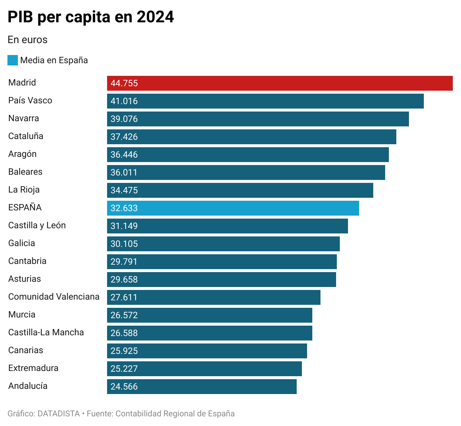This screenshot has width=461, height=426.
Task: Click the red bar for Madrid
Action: (280, 83)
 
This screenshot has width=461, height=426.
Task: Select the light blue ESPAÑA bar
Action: (233, 208)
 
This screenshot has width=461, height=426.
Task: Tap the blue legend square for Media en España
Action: (13, 60)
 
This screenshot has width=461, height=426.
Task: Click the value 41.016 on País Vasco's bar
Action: (124, 101)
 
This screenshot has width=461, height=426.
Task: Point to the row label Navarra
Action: (23, 118)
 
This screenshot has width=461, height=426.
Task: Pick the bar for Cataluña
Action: (251, 137)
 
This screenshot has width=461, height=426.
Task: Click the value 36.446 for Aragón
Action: (124, 155)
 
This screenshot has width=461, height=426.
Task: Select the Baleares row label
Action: (25, 172)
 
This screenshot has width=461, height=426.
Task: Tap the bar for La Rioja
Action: (240, 190)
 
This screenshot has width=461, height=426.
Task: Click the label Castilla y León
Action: (37, 225)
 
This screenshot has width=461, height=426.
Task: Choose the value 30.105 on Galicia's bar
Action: (124, 244)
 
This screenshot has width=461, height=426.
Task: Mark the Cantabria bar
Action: (222, 262)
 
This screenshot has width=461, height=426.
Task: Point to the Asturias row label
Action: (25, 279)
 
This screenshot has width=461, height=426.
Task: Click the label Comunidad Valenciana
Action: (54, 297)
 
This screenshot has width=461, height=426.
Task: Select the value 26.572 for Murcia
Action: (124, 315)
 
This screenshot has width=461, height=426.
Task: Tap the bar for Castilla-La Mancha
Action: (209, 333)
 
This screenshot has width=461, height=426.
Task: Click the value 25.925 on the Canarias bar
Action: (124, 351)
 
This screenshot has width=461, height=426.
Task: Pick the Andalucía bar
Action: (202, 387)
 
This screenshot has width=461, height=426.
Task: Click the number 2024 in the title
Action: (155, 17)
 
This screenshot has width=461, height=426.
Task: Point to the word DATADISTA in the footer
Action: (59, 414)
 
